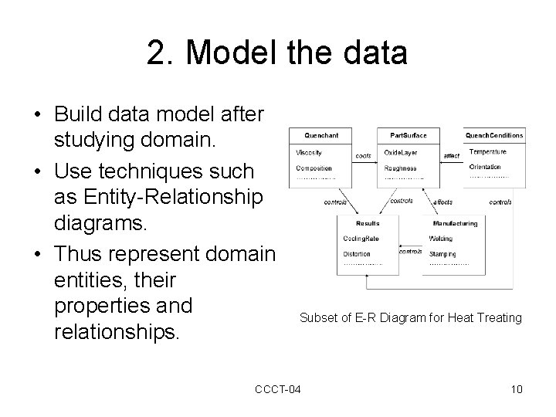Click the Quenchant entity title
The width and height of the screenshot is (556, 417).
[321, 135]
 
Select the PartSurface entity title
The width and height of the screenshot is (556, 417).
[408, 135]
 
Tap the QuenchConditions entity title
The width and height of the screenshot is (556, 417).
[494, 135]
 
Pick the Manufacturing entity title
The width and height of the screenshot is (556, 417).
[455, 223]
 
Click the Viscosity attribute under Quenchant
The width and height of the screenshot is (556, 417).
[311, 152]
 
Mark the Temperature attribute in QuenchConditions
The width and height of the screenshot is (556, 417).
[488, 152]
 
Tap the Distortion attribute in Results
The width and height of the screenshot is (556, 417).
[357, 253]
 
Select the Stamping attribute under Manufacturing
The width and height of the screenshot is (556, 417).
[442, 253]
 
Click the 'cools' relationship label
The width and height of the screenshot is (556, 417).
[362, 156]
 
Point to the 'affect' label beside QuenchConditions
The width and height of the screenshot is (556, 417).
[452, 156]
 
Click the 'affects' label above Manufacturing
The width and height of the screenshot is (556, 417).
[442, 202]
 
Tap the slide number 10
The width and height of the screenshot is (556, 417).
[517, 388]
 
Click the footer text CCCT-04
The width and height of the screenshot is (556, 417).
[277, 388]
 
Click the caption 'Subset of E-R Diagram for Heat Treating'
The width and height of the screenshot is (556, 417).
[410, 317]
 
